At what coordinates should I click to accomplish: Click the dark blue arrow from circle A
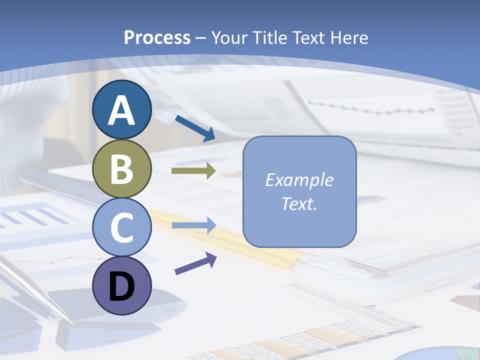194,128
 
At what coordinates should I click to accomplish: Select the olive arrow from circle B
193,170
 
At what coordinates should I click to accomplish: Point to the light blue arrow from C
193,225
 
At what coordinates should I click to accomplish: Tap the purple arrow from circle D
195,263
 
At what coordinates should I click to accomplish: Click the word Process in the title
157,37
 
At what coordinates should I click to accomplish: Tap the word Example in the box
299,180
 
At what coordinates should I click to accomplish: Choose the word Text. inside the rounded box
299,204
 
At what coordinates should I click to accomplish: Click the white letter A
121,110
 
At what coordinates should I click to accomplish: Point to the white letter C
121,227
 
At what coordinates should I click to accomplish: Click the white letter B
121,169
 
